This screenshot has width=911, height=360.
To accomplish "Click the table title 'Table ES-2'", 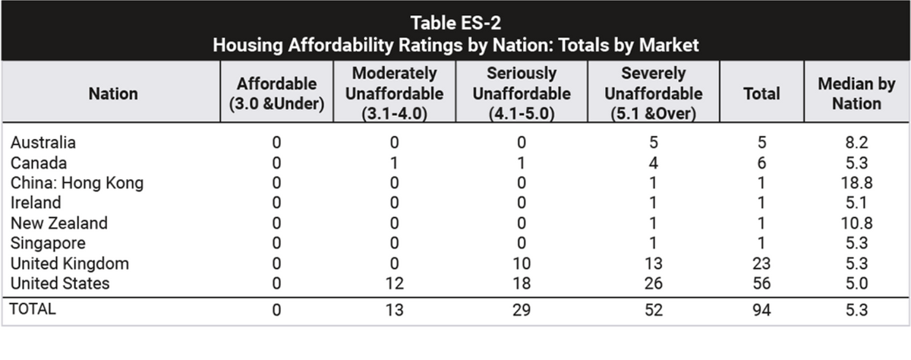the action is coord(455,23).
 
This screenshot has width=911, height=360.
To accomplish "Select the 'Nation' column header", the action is coord(113,93).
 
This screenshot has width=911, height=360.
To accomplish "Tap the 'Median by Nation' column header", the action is coord(856,93).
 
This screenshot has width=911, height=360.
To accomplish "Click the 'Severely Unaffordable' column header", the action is coord(653,93).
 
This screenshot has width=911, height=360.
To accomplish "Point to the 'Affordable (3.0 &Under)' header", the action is coord(276,93).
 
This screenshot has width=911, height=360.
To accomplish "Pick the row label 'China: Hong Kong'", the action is coord(77,183).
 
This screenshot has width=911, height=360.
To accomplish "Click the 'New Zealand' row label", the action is coord(59,223).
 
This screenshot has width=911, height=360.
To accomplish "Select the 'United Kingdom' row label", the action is coord(70,264).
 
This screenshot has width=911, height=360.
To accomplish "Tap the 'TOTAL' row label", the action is coord(33,309).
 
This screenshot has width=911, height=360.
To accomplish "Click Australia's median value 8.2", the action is coord(856,142).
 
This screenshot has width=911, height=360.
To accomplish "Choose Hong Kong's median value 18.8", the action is coord(856,183).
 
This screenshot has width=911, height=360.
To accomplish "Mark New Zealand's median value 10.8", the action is coord(856,223).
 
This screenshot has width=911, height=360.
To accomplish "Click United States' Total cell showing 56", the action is coord(761,283).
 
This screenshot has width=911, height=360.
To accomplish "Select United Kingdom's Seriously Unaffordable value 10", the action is coord(522,264).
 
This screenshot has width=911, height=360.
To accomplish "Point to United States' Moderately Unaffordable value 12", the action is coord(394,283).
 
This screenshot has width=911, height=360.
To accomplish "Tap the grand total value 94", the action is coord(761,310).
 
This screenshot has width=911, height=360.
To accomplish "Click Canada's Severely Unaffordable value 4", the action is coord(653,163).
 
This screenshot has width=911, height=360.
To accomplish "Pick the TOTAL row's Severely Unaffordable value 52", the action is coord(653,310).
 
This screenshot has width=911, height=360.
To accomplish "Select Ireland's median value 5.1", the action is coord(856,203).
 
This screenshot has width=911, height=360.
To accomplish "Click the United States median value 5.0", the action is coord(856,283).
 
